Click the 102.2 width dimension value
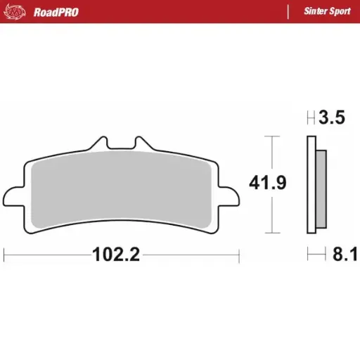pos(116,255)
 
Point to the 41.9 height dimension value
pos(267,184)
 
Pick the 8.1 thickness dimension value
pos(335,255)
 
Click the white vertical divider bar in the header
pos(288,11)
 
